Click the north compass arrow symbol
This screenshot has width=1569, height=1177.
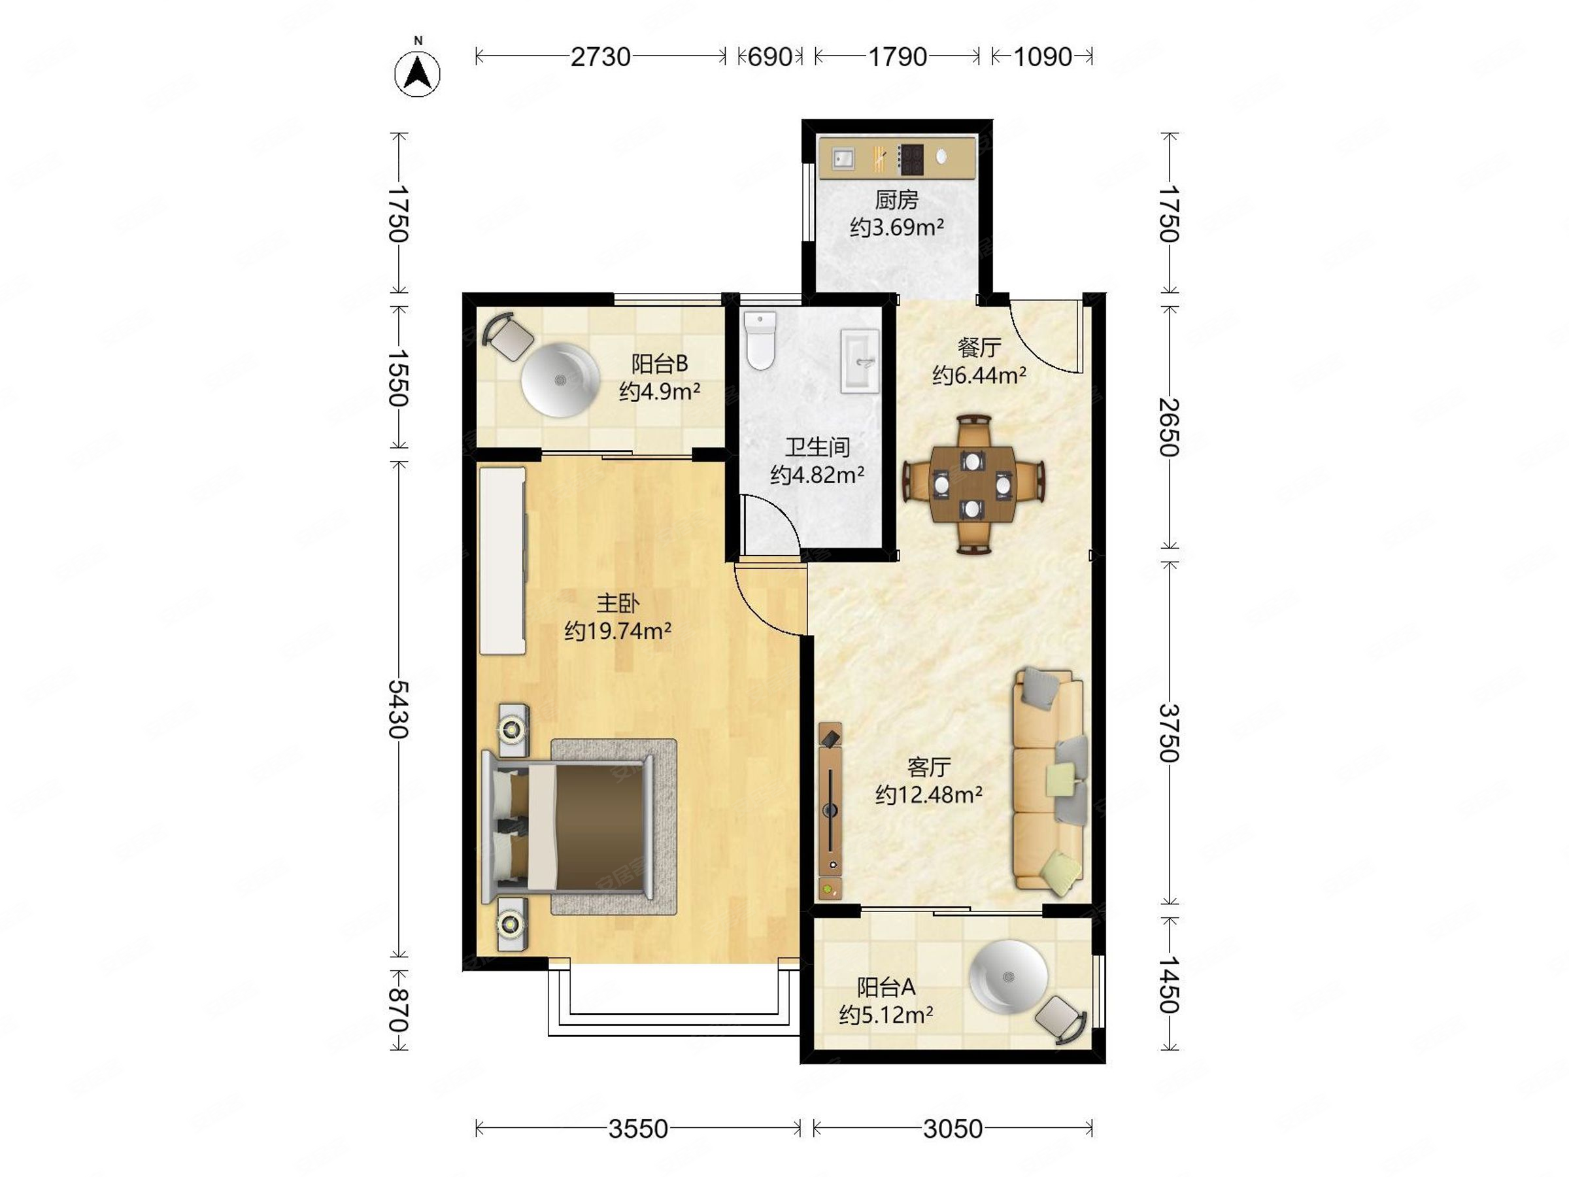click(x=417, y=73)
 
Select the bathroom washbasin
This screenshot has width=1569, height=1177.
click(x=860, y=361)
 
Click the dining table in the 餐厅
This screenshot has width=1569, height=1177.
click(x=971, y=485)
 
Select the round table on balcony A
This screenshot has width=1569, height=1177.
click(x=1009, y=977)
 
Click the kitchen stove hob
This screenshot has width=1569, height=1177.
click(x=911, y=159)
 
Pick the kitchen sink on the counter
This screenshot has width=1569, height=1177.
click(x=843, y=158)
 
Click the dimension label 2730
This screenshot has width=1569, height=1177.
click(x=601, y=57)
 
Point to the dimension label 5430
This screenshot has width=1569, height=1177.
click(x=399, y=709)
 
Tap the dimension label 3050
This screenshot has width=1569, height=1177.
click(x=953, y=1128)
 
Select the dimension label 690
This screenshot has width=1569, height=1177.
click(x=770, y=57)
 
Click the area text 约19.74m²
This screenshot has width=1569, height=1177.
click(x=618, y=630)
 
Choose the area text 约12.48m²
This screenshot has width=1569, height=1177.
click(x=928, y=794)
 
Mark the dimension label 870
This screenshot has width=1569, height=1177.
click(x=399, y=1010)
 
